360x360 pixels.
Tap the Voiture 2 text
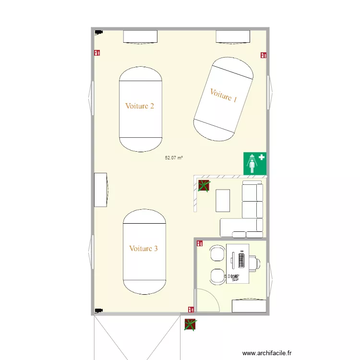tap(140, 106)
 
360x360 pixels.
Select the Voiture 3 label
tap(144, 249)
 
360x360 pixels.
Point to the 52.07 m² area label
tap(174, 157)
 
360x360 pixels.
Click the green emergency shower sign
tap(254, 163)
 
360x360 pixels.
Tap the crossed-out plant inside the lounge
tap(204, 186)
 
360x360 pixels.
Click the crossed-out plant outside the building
tap(190, 324)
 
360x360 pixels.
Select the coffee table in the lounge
tap(223, 200)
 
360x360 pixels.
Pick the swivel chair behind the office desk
tap(256, 263)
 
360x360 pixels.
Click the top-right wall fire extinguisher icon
tap(263, 55)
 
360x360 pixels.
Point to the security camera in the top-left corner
tap(98, 33)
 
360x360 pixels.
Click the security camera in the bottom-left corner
tap(98, 310)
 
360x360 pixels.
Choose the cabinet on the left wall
tap(101, 190)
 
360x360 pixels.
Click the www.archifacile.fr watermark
tap(267, 353)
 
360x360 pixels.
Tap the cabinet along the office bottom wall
tap(249, 306)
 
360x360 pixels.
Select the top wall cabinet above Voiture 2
tap(141, 36)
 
